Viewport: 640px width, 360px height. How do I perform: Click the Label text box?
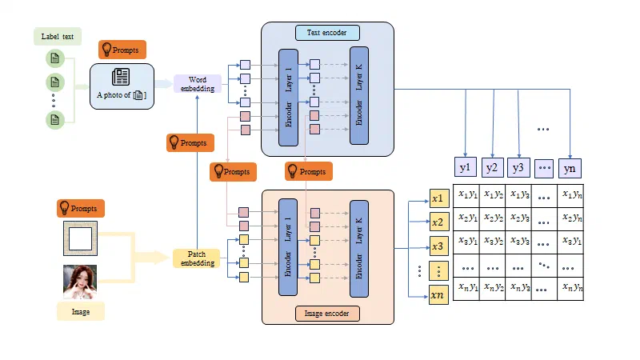[x=57, y=37]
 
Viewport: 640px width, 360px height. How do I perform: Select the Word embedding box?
[x=197, y=83]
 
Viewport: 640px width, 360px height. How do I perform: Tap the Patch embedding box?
[x=196, y=258]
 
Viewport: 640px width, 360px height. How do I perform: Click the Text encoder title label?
[x=327, y=33]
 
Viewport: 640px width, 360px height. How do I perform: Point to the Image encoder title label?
[x=327, y=313]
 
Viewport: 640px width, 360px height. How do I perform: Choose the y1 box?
[x=466, y=167]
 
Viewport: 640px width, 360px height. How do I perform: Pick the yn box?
[x=569, y=167]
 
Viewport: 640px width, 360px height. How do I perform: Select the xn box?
[x=438, y=295]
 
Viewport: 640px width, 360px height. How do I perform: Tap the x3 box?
[x=438, y=246]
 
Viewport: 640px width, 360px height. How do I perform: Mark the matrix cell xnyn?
[x=570, y=288]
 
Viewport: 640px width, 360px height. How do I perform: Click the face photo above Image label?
[x=80, y=282]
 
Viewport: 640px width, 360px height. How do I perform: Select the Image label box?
[x=80, y=311]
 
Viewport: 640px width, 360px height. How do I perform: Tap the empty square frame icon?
[x=80, y=238]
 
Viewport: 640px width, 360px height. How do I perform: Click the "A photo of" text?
[x=111, y=95]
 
